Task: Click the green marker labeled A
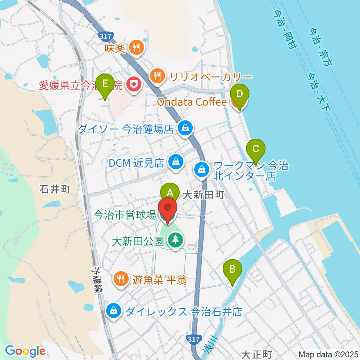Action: point(169,193)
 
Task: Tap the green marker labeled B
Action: point(232,269)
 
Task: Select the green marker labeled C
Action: point(256,149)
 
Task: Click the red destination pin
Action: point(167,208)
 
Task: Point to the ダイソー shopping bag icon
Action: point(185,129)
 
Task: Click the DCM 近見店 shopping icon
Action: point(175,162)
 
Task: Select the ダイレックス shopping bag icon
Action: point(113,311)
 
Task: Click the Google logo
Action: point(25,351)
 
